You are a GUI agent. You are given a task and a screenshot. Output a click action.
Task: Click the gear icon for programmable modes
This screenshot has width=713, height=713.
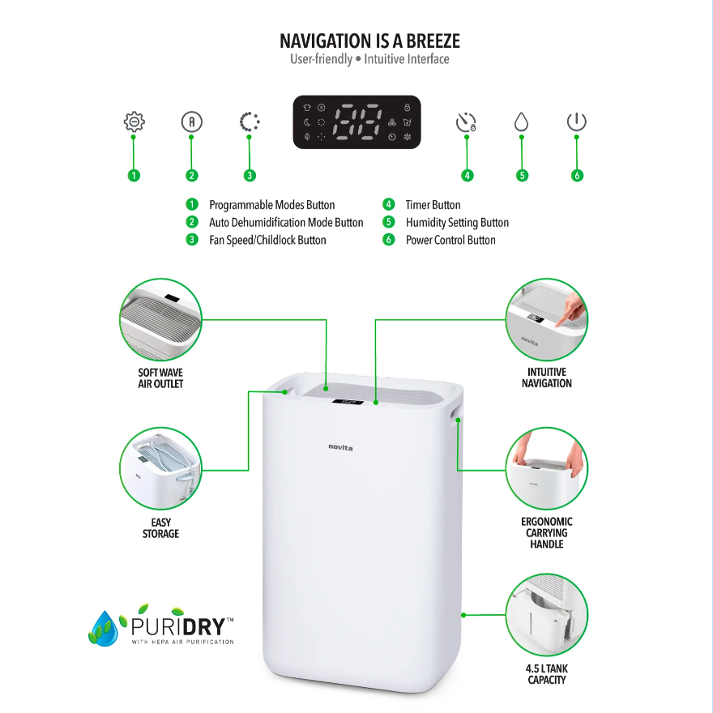134,122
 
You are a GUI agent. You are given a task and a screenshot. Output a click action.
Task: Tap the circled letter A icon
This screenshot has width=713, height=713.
191,122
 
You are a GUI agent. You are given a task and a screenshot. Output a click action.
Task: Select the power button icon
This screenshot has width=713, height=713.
576,122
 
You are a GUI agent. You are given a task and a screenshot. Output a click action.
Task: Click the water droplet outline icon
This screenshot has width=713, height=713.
521,122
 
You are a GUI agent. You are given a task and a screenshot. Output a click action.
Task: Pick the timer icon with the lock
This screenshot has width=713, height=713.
466,123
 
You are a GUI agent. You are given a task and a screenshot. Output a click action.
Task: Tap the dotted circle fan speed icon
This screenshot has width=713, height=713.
249,122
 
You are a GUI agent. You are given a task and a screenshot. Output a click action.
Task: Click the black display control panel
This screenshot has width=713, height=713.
356,122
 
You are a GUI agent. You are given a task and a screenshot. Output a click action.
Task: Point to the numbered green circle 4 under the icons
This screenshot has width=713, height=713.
468,175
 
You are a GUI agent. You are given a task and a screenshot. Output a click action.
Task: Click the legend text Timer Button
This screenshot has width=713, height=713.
433,205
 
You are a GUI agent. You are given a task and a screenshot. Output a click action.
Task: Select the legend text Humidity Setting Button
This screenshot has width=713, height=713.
457,223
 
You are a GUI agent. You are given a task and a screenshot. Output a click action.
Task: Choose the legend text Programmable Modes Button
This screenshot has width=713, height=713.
271,205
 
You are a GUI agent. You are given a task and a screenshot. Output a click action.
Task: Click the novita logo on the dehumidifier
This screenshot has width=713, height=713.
340,446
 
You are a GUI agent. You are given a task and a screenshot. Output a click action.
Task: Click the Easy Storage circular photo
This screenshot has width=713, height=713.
160,469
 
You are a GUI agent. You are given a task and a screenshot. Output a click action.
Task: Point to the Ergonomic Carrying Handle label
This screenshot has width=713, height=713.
546,533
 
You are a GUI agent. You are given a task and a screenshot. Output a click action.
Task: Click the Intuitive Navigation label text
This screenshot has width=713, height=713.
546,378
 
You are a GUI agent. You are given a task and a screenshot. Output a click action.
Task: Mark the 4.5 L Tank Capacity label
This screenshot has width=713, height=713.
546,674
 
